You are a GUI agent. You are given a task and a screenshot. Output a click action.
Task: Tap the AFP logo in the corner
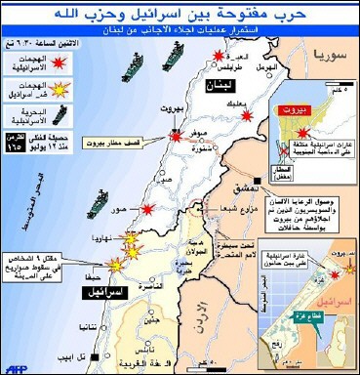point(15,366)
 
